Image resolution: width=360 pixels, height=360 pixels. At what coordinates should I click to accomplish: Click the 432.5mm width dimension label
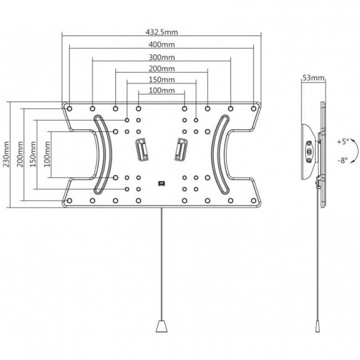click(162, 32)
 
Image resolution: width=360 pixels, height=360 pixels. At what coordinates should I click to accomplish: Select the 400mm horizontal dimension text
click(162, 44)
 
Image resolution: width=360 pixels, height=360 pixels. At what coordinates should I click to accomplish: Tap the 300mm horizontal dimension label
click(162, 57)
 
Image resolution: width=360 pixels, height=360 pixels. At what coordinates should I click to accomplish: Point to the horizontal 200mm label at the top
click(162, 69)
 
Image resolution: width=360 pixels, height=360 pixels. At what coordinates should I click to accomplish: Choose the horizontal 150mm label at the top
click(162, 79)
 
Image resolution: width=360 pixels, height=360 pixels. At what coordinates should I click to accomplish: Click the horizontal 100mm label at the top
click(162, 90)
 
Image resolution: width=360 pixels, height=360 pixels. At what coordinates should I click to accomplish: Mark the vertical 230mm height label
click(6, 155)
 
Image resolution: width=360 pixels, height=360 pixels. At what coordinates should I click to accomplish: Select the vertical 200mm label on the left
click(20, 155)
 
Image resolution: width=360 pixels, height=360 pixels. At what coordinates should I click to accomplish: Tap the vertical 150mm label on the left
click(33, 155)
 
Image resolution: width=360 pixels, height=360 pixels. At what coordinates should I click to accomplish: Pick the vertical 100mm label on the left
click(47, 155)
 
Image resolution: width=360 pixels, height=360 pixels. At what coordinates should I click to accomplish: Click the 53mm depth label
click(313, 78)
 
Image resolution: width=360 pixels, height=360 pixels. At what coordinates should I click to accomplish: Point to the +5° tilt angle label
click(343, 142)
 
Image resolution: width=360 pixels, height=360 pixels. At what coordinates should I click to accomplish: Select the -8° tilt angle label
click(343, 160)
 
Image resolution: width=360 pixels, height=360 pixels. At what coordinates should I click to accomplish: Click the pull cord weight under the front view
click(162, 326)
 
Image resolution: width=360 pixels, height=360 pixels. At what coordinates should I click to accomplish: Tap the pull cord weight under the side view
click(318, 326)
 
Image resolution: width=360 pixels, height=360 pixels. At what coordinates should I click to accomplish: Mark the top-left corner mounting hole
click(69, 109)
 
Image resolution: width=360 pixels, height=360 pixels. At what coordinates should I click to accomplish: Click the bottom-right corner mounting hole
click(254, 200)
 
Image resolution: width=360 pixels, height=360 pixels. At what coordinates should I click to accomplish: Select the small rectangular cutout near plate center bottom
click(162, 183)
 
